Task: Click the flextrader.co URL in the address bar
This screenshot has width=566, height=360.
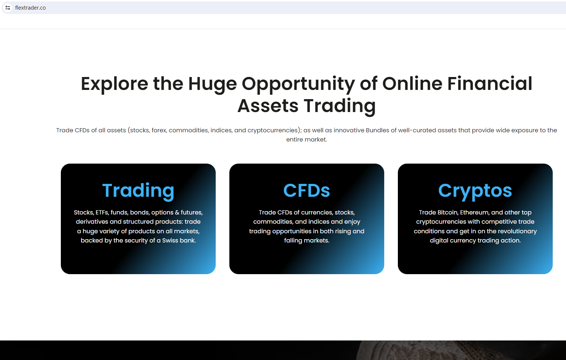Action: pyautogui.click(x=30, y=8)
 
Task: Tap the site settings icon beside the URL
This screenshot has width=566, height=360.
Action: pyautogui.click(x=8, y=8)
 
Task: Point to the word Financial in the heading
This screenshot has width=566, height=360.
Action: pyautogui.click(x=490, y=84)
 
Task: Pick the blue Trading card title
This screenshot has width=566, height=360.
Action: pyautogui.click(x=138, y=191)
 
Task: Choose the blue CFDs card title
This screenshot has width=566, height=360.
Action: pyautogui.click(x=306, y=191)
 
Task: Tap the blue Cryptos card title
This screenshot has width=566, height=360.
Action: pyautogui.click(x=475, y=191)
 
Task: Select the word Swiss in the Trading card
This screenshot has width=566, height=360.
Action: pyautogui.click(x=170, y=240)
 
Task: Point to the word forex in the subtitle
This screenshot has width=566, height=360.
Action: pyautogui.click(x=159, y=130)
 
